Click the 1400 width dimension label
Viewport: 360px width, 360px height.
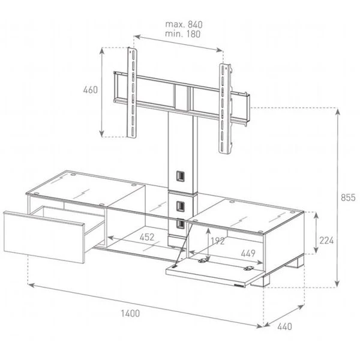pos(130,313)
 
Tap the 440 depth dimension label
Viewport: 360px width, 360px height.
pos(284,326)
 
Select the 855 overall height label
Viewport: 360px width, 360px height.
pos(348,197)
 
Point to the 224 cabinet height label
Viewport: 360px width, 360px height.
pos(326,241)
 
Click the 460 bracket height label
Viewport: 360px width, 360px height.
pos(91,90)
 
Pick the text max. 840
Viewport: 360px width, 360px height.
pos(184,25)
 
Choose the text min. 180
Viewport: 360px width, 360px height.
pos(183,34)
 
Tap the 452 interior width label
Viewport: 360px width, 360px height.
pos(147,237)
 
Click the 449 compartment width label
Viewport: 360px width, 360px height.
pos(248,253)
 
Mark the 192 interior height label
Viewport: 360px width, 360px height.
pos(218,241)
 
